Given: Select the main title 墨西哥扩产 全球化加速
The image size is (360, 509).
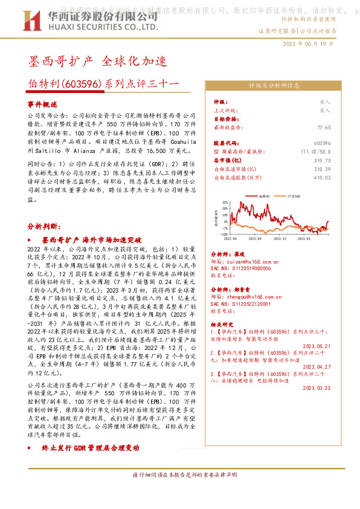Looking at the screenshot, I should pos(94,61).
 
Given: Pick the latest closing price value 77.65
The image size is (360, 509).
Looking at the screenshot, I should pos(324,128).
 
